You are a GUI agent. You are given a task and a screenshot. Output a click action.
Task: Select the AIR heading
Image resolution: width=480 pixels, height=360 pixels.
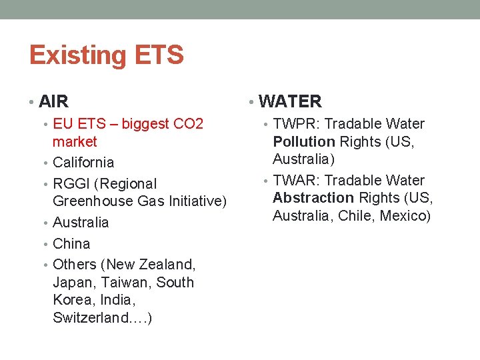(x=54, y=102)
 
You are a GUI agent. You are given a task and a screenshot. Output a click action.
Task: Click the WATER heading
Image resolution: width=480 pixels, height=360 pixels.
(x=290, y=102)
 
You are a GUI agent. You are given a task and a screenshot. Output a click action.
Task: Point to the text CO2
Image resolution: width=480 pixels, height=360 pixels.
(x=188, y=124)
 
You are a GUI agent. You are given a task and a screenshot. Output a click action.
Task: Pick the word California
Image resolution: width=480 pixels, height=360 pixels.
(x=83, y=163)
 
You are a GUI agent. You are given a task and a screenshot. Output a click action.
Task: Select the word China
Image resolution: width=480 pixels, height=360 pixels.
(x=71, y=244)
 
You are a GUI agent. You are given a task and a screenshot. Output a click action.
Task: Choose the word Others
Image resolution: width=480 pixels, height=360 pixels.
(x=74, y=265)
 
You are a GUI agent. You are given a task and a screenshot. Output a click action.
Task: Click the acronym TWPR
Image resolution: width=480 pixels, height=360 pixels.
(x=294, y=124)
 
